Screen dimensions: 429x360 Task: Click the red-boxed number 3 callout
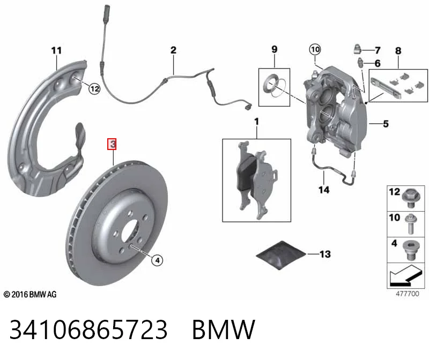tap(112, 144)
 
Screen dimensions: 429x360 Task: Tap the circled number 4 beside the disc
tap(157, 260)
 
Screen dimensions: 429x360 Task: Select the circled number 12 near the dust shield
tap(94, 88)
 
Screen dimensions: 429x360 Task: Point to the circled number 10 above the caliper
tap(315, 49)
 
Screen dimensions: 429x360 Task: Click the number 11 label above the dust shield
tap(57, 50)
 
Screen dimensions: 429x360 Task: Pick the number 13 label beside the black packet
tap(325, 254)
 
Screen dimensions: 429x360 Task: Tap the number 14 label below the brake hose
tap(324, 190)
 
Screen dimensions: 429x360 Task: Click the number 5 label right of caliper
tap(386, 124)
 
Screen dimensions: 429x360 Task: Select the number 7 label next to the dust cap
tap(378, 50)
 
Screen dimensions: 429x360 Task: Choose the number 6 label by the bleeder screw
tap(378, 63)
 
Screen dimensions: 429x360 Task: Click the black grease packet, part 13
tap(281, 255)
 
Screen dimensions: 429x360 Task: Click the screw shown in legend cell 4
tap(410, 251)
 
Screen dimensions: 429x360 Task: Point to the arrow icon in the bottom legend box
tap(404, 275)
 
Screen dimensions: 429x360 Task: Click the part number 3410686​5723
tap(88, 329)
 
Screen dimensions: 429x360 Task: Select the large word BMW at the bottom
tap(224, 329)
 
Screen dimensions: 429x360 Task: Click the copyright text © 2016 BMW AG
tap(30, 295)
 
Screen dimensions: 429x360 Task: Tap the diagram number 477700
tap(408, 294)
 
